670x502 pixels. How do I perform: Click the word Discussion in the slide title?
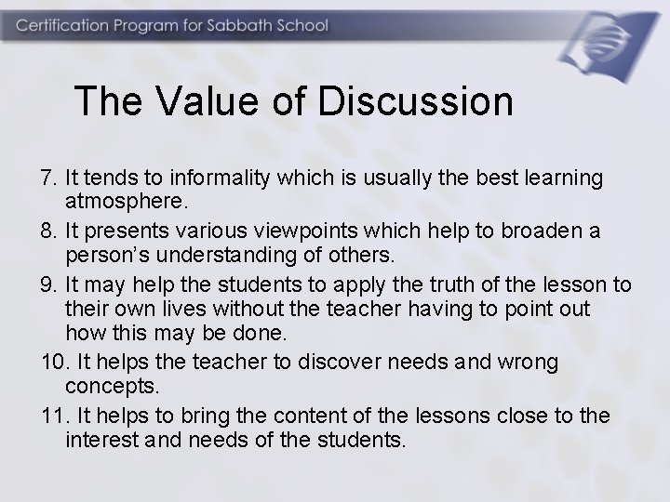pos(415,101)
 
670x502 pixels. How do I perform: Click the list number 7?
pos(49,177)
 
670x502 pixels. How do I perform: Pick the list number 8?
pos(49,229)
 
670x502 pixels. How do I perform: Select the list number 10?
pos(54,363)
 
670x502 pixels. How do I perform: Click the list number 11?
pos(54,416)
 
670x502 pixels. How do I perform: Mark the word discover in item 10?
pos(317,363)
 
